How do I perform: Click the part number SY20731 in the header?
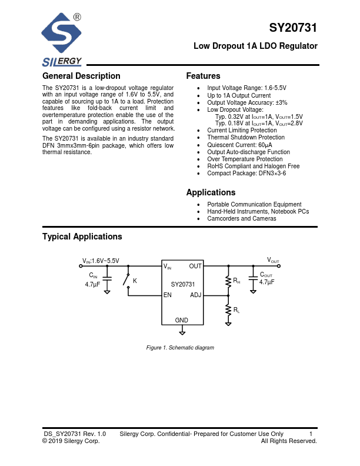[293, 28]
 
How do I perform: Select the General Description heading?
[81, 76]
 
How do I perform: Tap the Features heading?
[203, 76]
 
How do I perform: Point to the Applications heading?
[211, 192]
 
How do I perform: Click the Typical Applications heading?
[82, 237]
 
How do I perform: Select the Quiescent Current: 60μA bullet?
[239, 145]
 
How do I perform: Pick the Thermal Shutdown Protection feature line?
[246, 138]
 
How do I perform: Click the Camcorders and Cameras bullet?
[242, 218]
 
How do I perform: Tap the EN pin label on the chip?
[168, 295]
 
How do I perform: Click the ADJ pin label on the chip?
[195, 295]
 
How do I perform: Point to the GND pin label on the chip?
[182, 320]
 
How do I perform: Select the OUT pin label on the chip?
[195, 267]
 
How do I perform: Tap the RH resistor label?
[236, 281]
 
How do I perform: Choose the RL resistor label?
[236, 309]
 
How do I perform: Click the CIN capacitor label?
[93, 275]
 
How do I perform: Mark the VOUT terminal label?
[274, 260]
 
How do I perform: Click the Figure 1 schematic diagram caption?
[180, 348]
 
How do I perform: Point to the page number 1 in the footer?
[311, 434]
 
